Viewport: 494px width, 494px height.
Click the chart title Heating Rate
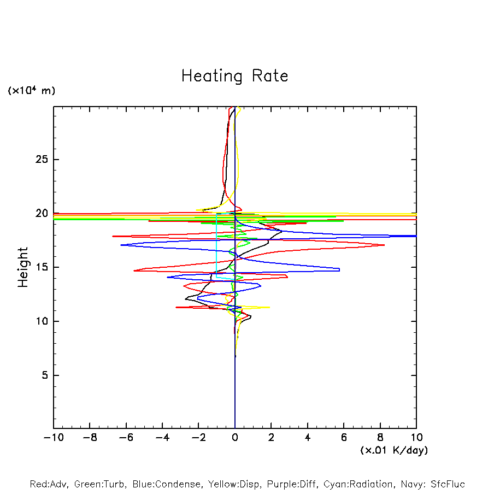coord(234,76)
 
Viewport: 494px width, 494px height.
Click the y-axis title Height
coord(23,267)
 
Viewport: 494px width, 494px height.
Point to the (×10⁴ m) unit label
coord(32,91)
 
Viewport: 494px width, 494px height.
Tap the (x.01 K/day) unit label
coord(394,450)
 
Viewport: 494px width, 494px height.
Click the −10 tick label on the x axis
coord(54,438)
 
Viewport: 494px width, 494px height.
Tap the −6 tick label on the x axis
coord(126,438)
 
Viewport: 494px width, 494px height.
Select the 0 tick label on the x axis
coord(235,438)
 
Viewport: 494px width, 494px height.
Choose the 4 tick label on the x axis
coord(308,438)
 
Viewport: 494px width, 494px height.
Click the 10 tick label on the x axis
coord(416,438)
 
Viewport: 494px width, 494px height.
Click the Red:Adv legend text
coord(48,484)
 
